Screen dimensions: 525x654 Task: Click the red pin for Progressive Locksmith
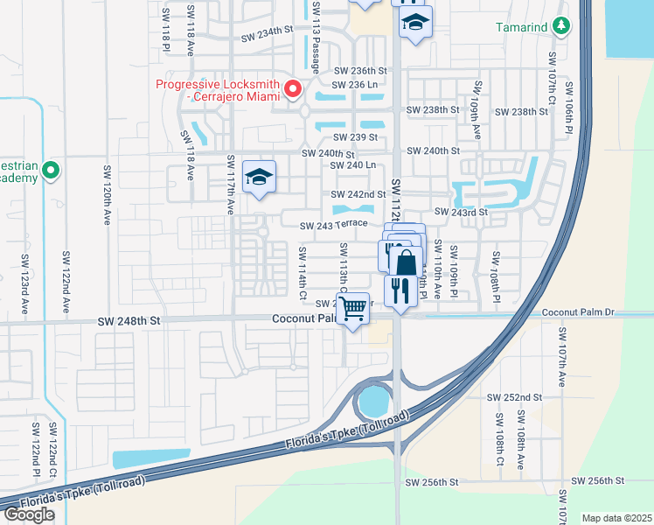[x=294, y=88]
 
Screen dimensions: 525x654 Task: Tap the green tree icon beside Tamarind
[x=560, y=27]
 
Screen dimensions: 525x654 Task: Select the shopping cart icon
[x=353, y=308]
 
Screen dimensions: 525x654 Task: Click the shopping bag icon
[x=407, y=262]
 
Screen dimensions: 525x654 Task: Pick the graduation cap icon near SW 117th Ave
[x=259, y=178]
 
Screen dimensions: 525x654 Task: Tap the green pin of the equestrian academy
[x=51, y=170]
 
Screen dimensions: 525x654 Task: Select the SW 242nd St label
[x=358, y=194]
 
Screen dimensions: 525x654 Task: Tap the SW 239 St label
[x=354, y=137]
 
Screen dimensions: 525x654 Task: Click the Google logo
[x=29, y=514]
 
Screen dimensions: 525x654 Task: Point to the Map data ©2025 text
[x=616, y=518]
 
